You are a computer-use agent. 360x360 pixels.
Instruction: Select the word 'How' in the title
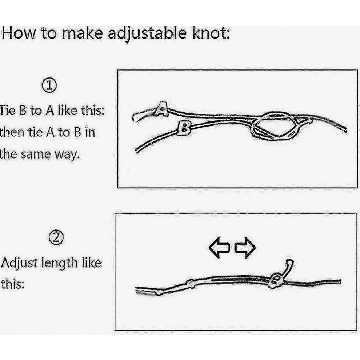pyautogui.click(x=19, y=33)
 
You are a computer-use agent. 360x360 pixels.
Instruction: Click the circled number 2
pyautogui.click(x=56, y=238)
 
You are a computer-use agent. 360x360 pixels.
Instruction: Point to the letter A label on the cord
pyautogui.click(x=161, y=109)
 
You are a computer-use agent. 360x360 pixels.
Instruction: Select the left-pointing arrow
pyautogui.click(x=219, y=248)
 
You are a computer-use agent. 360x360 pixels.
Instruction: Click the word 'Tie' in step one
pyautogui.click(x=8, y=111)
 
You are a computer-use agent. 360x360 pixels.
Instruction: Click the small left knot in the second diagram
pyautogui.click(x=191, y=283)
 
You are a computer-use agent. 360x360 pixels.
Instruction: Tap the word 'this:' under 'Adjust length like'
pyautogui.click(x=13, y=284)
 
